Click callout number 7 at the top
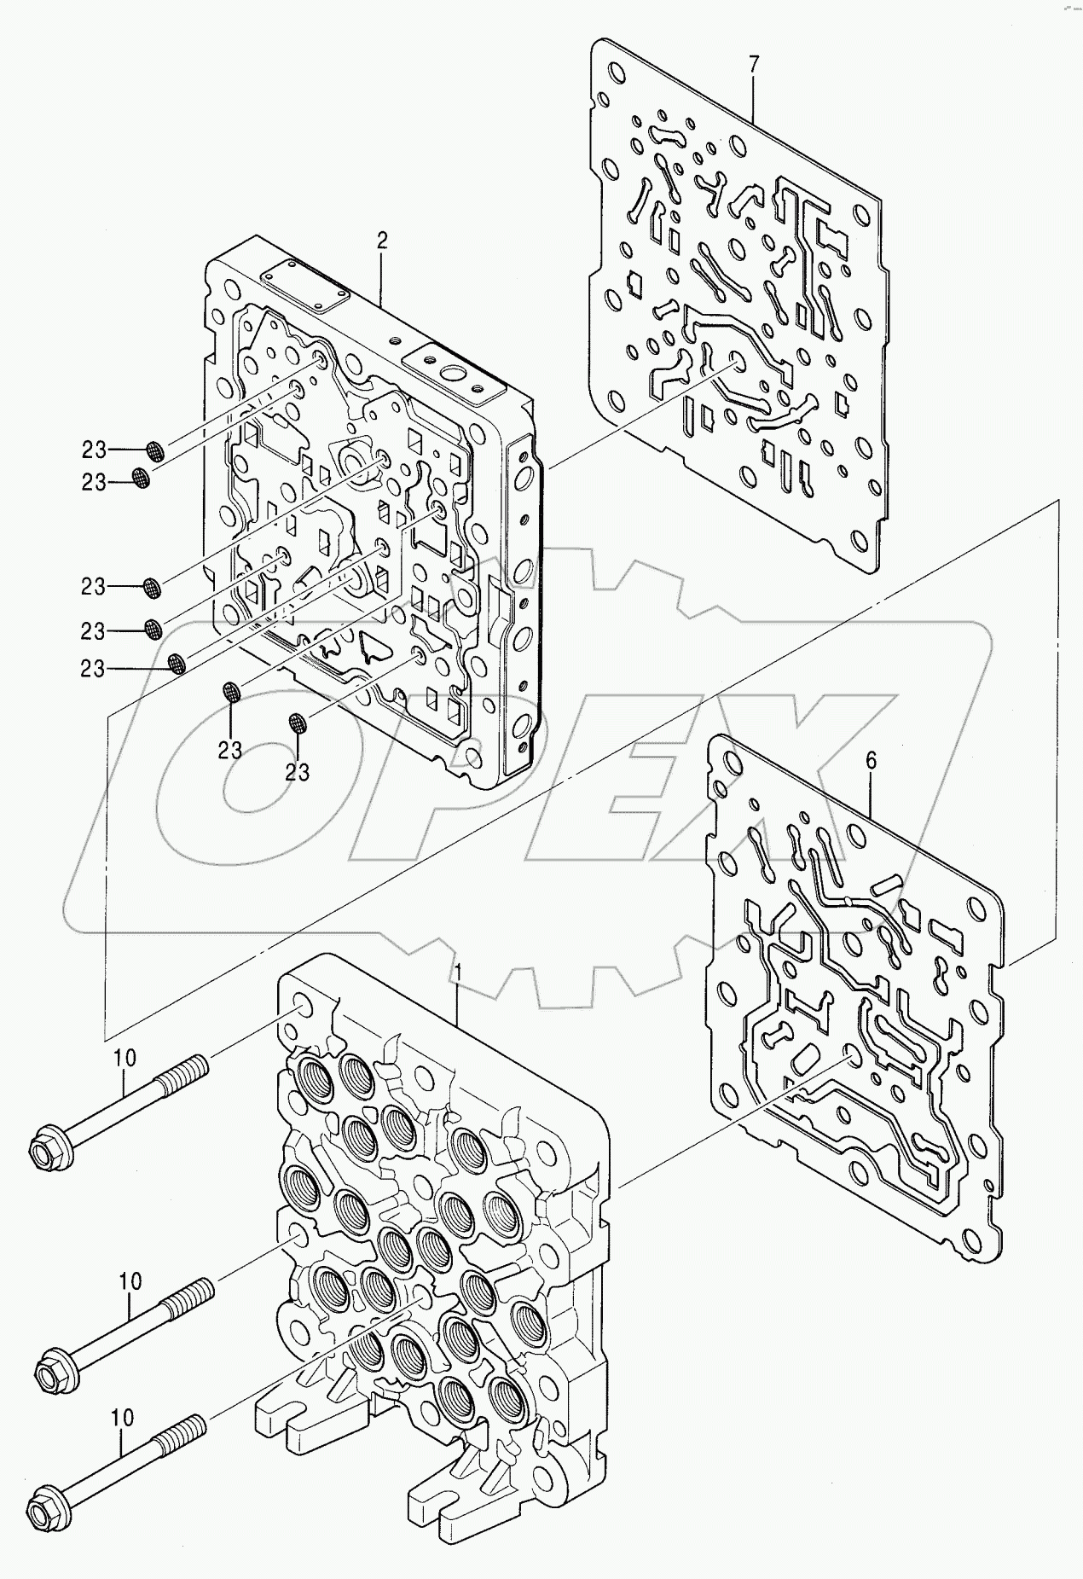click(753, 63)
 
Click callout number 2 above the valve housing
click(381, 241)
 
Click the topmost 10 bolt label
click(125, 1059)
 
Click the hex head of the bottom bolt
click(43, 1509)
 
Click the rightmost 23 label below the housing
click(298, 772)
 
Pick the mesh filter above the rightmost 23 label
click(297, 723)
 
